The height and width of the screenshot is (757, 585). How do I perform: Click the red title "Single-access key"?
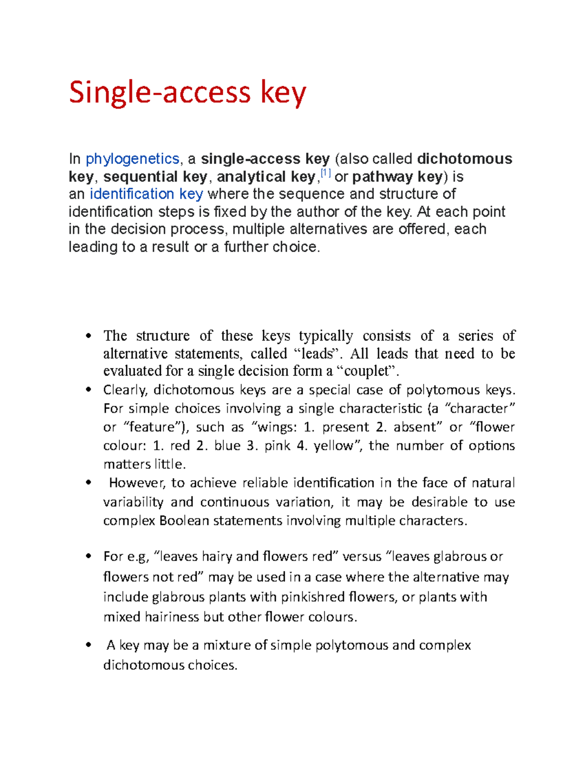187,93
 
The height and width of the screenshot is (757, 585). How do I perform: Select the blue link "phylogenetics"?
132,159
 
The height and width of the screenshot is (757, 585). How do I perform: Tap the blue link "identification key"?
146,194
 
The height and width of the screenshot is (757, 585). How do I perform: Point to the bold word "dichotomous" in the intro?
465,159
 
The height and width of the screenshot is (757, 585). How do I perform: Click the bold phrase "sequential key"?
155,176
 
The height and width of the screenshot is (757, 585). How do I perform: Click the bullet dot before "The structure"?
88,335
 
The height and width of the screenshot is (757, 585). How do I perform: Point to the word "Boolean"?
184,521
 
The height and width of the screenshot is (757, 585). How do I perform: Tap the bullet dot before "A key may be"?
88,645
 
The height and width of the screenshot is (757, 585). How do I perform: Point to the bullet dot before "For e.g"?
88,556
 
